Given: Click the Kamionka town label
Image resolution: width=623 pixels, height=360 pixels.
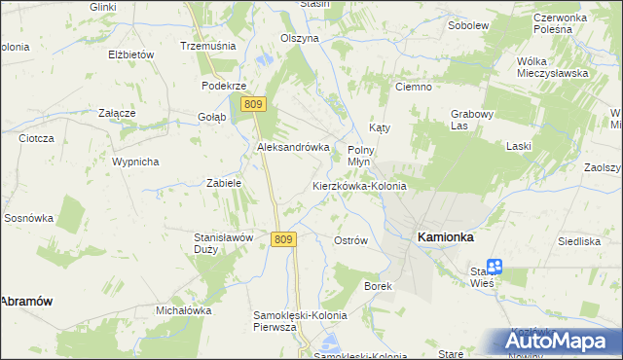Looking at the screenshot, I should tap(445, 236).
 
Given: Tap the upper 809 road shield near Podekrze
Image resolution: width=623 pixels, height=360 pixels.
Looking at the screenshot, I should tap(254, 104).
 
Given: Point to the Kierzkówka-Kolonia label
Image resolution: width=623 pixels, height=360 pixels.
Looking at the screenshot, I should tap(359, 185).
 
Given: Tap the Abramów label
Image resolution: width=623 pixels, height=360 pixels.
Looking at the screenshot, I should tap(25, 302).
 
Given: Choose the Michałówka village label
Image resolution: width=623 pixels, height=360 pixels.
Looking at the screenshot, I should tap(184, 310).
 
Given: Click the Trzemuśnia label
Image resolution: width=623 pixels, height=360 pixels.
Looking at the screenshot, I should tap(203, 46).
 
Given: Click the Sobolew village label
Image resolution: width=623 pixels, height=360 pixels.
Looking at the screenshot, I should tap(467, 24).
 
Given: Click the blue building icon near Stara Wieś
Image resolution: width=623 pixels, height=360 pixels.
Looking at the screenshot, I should tap(495, 266).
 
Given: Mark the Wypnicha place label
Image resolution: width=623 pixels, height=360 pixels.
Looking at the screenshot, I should tap(135, 162).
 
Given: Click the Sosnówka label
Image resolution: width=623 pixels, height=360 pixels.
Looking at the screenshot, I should tap(28, 218).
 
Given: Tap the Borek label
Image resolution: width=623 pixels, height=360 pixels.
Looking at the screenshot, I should tap(378, 286).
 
